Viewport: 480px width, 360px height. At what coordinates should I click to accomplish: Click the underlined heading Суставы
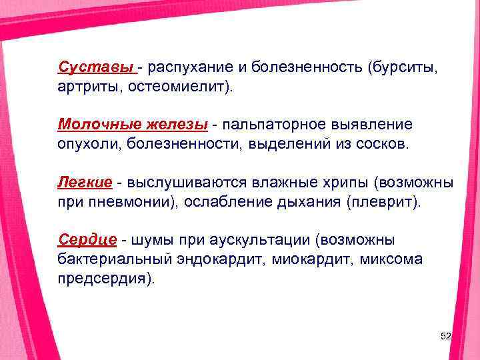[96, 67]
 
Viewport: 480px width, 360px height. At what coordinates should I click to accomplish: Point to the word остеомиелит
[179, 87]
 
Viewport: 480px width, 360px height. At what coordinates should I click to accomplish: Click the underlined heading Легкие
[84, 182]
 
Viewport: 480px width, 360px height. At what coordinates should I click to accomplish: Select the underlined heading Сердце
[87, 239]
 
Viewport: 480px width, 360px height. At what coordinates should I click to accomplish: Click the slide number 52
[446, 338]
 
